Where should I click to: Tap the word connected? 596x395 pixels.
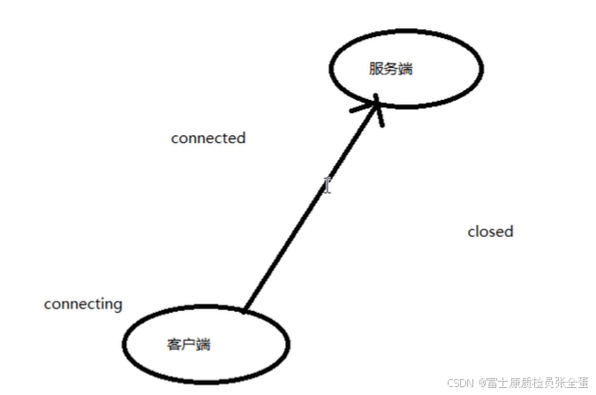click(207, 138)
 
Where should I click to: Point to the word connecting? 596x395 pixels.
click(83, 304)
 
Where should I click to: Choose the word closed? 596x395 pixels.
click(490, 232)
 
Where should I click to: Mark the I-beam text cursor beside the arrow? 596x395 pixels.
click(327, 185)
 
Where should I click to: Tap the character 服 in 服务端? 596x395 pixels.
click(376, 68)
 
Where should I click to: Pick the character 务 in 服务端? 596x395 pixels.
click(390, 68)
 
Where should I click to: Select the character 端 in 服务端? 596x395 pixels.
click(405, 68)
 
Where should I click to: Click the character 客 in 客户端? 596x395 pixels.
click(174, 345)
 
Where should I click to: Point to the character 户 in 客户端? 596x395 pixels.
click(188, 345)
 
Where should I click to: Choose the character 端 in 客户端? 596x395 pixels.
click(203, 345)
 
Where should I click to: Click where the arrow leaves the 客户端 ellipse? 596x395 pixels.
click(245, 310)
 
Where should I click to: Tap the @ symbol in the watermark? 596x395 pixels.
click(483, 384)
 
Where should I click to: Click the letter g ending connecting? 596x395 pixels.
click(117, 306)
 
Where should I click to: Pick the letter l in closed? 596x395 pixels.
click(477, 232)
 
